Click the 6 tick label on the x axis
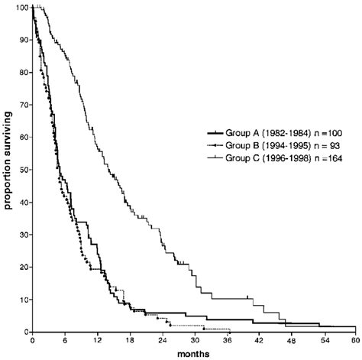pos(65,342)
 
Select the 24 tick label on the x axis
pos(161,342)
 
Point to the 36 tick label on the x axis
pos(226,342)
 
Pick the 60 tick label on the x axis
pos(354,342)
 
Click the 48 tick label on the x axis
pos(290,342)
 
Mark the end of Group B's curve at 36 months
pos(227,329)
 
